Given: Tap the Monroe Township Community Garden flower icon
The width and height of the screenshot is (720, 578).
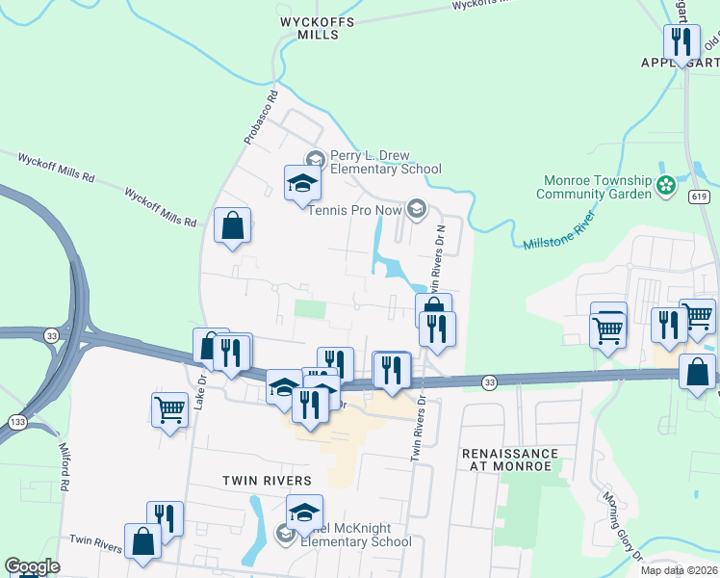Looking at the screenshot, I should pyautogui.click(x=664, y=186).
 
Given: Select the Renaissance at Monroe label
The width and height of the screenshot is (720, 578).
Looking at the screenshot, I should pyautogui.click(x=509, y=459).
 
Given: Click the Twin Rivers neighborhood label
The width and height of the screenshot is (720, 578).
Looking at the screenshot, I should pyautogui.click(x=267, y=480).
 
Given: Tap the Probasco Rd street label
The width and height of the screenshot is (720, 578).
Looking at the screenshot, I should pyautogui.click(x=259, y=118).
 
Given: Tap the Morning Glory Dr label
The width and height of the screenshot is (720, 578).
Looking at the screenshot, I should pyautogui.click(x=621, y=526).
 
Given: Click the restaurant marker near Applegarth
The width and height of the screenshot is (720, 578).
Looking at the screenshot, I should pyautogui.click(x=681, y=41).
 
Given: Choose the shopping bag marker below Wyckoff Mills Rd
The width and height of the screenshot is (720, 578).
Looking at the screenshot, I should pyautogui.click(x=232, y=226).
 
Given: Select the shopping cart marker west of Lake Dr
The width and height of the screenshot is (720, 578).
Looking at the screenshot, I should pyautogui.click(x=169, y=409).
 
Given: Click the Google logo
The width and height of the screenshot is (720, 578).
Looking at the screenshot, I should pyautogui.click(x=32, y=566).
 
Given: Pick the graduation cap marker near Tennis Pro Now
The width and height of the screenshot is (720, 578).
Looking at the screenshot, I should pyautogui.click(x=301, y=183).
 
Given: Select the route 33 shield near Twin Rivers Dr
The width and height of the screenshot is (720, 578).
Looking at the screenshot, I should pyautogui.click(x=489, y=381).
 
